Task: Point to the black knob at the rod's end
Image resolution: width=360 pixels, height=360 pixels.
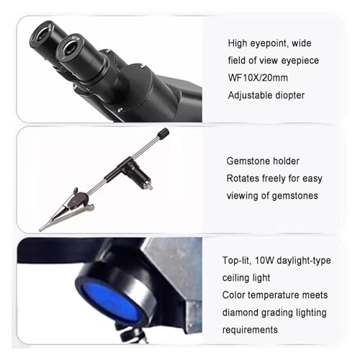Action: pyautogui.click(x=163, y=133)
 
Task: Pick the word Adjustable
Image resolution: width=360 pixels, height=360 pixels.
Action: pyautogui.click(x=250, y=94)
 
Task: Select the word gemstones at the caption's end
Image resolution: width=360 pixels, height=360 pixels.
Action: pyautogui.click(x=294, y=196)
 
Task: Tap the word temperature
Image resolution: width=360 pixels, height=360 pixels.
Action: pyautogui.click(x=280, y=295)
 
